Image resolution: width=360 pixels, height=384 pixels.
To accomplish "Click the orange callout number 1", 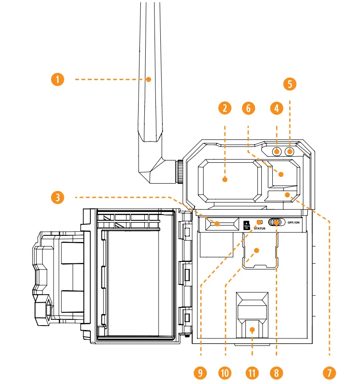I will pos(57,80).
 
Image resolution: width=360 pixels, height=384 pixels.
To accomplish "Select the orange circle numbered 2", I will pos(225,108).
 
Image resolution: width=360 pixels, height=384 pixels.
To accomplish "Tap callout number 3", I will pos(57,197).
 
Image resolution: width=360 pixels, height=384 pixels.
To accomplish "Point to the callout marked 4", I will pos(277,108).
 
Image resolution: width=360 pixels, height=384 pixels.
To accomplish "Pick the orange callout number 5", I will pos(290,84).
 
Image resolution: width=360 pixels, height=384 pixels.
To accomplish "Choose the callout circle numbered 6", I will pos(248,108).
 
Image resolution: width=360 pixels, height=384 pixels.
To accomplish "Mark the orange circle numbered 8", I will pos(277,372).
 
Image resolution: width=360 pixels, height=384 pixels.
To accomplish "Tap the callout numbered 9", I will pos(201,372).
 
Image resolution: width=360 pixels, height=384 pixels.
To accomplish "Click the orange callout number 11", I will pos(252,372).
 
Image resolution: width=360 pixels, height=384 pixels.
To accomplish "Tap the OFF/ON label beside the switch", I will pos(294,223).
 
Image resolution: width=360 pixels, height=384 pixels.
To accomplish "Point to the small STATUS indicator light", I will pos(260,222).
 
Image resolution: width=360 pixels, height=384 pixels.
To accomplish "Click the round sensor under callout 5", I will pos(290,152).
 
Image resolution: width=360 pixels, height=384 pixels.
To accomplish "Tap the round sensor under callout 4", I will pos(277,152).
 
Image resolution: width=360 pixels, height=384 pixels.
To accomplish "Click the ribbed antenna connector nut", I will pos(181,172).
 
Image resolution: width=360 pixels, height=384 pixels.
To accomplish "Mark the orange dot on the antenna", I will pos(149,80).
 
